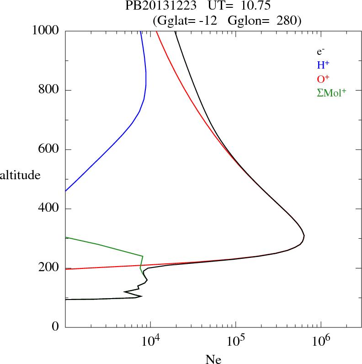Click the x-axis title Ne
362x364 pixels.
pyautogui.click(x=213, y=359)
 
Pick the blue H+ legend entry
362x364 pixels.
pyautogui.click(x=324, y=65)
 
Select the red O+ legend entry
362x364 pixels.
pyautogui.click(x=324, y=79)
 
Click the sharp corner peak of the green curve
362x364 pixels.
pyautogui.click(x=143, y=256)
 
